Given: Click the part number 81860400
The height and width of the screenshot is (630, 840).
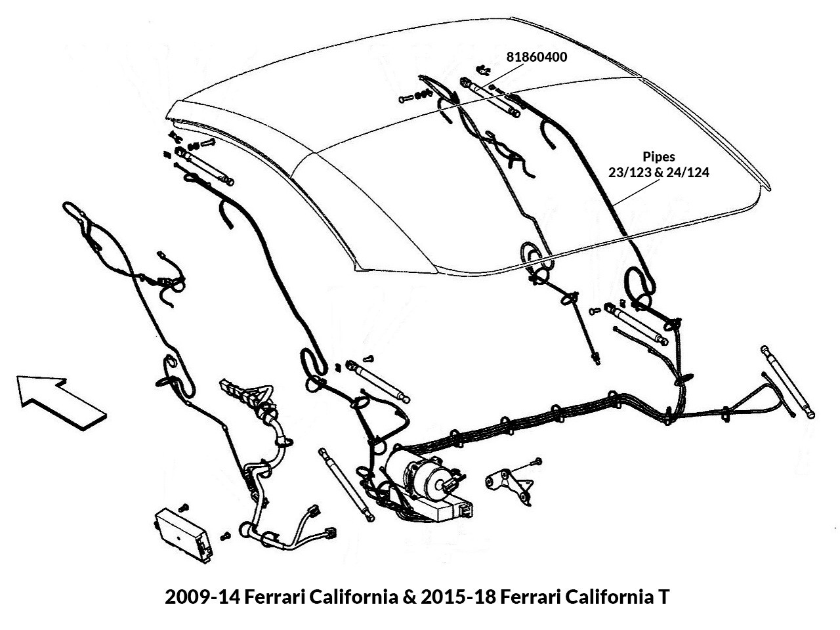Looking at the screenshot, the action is tap(537, 57).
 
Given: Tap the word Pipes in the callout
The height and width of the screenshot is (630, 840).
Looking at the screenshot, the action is tap(659, 157).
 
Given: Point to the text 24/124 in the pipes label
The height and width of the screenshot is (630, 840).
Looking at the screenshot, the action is tap(688, 173).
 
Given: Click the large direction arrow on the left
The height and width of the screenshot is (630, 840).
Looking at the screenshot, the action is tap(61, 402).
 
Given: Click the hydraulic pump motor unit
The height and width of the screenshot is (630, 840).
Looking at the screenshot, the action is tap(429, 484).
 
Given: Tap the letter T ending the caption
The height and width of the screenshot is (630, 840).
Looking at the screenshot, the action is tap(664, 597).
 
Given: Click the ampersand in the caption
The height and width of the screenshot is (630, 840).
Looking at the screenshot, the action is tap(409, 597).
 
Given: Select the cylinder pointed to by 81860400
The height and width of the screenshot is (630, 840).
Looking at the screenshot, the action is tap(491, 96).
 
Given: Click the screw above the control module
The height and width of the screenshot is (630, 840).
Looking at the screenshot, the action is tap(183, 507).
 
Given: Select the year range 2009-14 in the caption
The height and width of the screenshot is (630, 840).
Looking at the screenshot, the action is tap(202, 597).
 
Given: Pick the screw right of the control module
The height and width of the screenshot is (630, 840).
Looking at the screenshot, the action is tap(226, 536).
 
